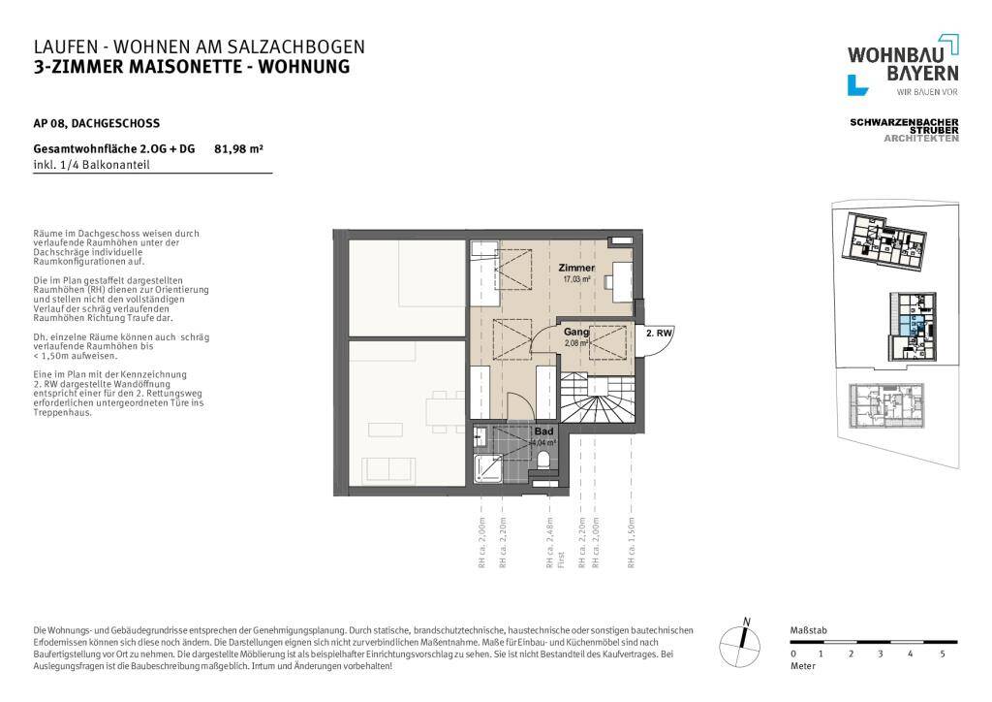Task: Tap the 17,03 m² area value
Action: coord(576,279)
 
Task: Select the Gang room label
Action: coord(576,332)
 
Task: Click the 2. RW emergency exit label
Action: coord(659,333)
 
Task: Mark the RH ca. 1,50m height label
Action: coord(632,543)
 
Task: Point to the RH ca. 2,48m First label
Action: coord(553,543)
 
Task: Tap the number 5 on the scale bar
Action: coord(942,655)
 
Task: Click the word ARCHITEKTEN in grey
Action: coord(921,139)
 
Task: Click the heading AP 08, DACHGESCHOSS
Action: coord(96,123)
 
